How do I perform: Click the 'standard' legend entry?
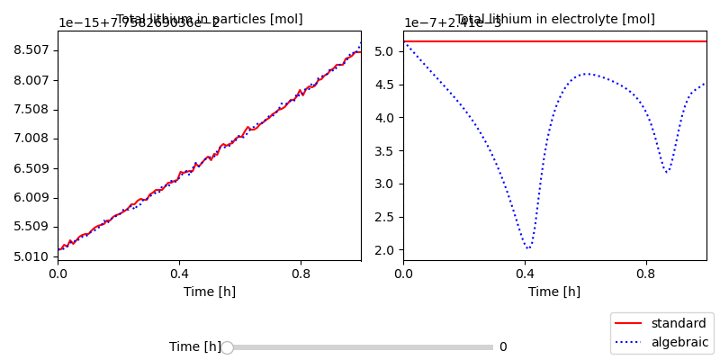click(x=678, y=323)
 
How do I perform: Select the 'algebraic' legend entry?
click(x=679, y=342)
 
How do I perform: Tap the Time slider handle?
click(x=227, y=347)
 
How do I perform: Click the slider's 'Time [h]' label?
click(x=194, y=347)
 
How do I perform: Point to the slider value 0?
click(x=503, y=347)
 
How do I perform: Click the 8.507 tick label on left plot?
click(x=31, y=50)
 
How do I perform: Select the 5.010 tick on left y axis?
click(x=31, y=256)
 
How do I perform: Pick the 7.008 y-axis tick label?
click(x=31, y=139)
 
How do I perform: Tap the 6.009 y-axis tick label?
click(x=31, y=198)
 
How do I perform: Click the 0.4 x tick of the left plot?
click(x=179, y=274)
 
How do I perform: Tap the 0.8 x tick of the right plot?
click(x=645, y=274)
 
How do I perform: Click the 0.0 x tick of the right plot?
click(x=403, y=274)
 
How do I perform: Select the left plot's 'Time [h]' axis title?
click(x=209, y=292)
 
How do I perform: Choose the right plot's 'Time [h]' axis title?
click(x=554, y=292)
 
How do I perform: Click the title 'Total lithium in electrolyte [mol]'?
click(x=555, y=19)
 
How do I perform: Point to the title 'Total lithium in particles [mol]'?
click(x=210, y=19)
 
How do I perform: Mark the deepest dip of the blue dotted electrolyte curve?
click(x=528, y=247)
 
